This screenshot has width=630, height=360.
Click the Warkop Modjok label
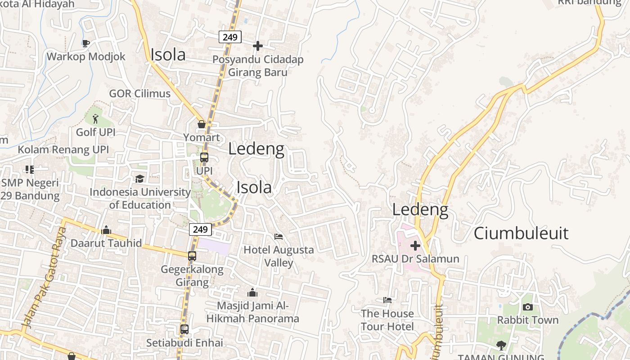point(86,57)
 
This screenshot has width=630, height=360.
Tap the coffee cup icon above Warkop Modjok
point(85,43)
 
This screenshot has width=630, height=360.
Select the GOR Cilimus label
point(139,94)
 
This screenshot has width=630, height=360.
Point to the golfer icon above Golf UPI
point(95,119)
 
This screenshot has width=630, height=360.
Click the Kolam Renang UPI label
point(63,149)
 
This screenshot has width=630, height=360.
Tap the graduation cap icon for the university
point(139,179)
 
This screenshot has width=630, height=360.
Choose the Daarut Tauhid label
point(106,243)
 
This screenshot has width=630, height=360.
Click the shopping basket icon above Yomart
point(202,124)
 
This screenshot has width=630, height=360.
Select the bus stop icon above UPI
point(204,157)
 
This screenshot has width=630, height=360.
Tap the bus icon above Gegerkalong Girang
point(192,256)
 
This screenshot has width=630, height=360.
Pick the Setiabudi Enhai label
point(184,343)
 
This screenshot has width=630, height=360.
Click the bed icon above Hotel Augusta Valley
point(279,236)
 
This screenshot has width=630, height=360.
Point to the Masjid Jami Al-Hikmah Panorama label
point(252,312)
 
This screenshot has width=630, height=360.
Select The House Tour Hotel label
point(387,320)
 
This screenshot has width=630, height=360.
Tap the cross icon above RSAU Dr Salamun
point(415,246)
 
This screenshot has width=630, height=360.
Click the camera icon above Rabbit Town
point(528,307)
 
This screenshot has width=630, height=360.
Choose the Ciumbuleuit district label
point(521,233)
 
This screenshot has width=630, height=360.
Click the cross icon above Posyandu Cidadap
point(258,46)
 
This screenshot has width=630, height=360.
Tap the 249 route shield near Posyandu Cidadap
point(230,37)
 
